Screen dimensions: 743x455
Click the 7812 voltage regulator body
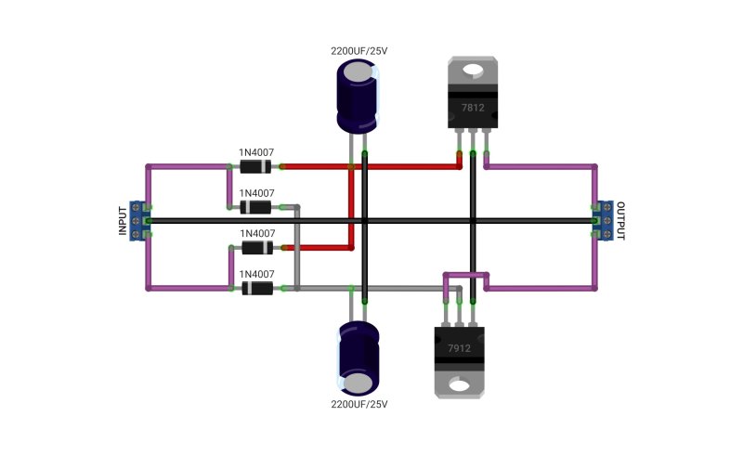tap(473, 93)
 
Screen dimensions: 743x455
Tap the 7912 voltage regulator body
tap(459, 361)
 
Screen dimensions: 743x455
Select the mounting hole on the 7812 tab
tap(473, 71)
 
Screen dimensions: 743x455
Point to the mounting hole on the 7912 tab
tap(459, 384)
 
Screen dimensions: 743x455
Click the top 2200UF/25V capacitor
tap(358, 97)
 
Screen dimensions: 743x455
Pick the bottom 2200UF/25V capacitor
tap(358, 358)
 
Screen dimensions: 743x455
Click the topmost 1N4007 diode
tap(255, 167)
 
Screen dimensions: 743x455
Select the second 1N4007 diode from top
tap(255, 207)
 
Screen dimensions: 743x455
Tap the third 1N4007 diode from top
tap(257, 247)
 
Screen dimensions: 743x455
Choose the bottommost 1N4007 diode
tap(257, 288)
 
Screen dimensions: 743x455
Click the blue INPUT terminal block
tap(137, 221)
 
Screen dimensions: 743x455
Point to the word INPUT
tap(123, 221)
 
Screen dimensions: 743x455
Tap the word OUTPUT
tap(620, 221)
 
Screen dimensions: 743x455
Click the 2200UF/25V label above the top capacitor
tap(359, 51)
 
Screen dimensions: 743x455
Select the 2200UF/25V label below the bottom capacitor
tap(359, 404)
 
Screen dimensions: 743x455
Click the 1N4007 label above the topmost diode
tap(256, 152)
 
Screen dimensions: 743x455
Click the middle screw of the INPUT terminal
tap(136, 221)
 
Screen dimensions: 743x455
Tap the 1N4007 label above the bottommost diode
tap(257, 274)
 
